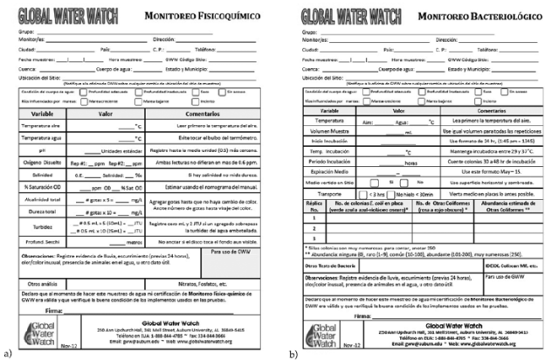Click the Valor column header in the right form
pyautogui.click(x=396, y=111)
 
